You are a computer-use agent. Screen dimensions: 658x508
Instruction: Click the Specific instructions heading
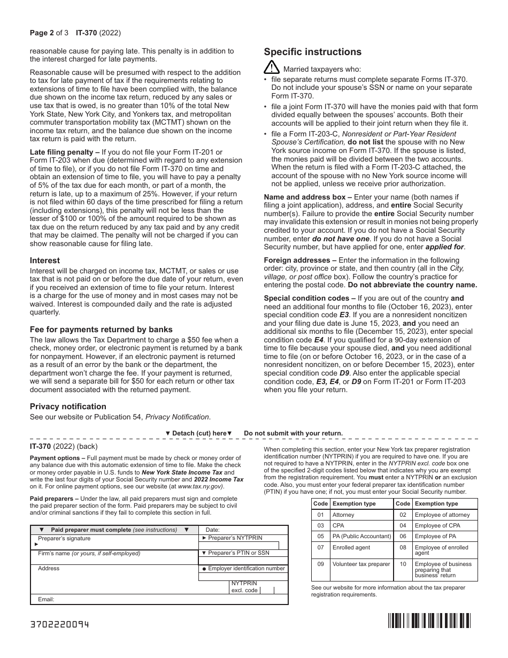tap(313, 52)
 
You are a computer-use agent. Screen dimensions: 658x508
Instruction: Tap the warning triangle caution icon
tap(271, 67)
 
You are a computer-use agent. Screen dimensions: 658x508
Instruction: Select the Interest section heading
tap(45, 261)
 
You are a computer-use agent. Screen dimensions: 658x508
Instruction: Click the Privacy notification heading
tap(68, 407)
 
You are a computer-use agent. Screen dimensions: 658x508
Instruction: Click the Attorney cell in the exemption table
tap(343, 515)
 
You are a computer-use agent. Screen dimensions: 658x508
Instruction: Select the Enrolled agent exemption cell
tap(351, 547)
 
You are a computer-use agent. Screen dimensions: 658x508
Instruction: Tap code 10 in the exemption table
tap(403, 564)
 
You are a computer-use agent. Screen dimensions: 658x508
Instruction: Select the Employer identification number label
tap(247, 569)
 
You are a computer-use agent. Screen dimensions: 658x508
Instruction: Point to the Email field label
tap(46, 600)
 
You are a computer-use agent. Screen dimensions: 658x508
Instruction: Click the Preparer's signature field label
tap(64, 539)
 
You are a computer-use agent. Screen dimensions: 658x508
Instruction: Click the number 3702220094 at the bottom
tap(59, 624)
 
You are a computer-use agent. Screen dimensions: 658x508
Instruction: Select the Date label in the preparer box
tap(213, 530)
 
